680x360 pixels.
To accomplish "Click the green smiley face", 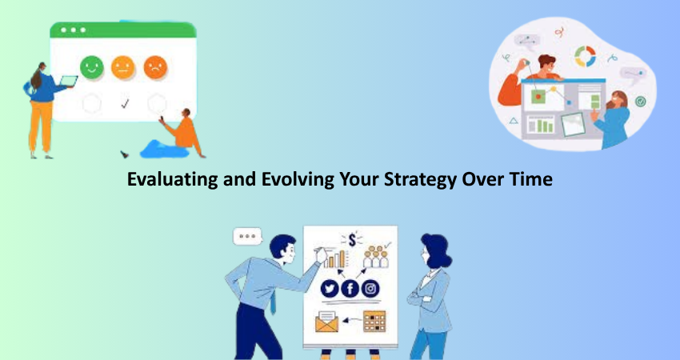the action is (x=92, y=68).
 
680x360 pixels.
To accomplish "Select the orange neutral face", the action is (x=123, y=68).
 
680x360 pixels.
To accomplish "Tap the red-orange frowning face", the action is (x=155, y=68).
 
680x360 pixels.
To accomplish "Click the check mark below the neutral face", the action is (x=125, y=104).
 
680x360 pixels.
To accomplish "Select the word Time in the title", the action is (x=531, y=178).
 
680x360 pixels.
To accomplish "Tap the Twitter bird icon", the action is (x=330, y=289).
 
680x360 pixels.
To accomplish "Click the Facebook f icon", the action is (x=350, y=289).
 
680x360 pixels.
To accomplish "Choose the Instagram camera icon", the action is (x=370, y=289).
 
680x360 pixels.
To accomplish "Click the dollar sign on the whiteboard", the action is (x=352, y=240).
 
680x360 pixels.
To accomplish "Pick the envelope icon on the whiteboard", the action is (x=326, y=322).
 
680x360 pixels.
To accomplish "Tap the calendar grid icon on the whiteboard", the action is (x=374, y=322).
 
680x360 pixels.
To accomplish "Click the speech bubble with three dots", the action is (x=248, y=237).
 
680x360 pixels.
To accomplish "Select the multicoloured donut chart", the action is (x=585, y=56).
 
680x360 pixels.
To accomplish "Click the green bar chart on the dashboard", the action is (x=541, y=126).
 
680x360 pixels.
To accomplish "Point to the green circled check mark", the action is (x=641, y=102).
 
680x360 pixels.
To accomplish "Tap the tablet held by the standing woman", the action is (x=69, y=81).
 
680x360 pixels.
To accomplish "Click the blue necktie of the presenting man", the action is (x=273, y=302).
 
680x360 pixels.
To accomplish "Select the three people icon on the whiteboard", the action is (x=375, y=258).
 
